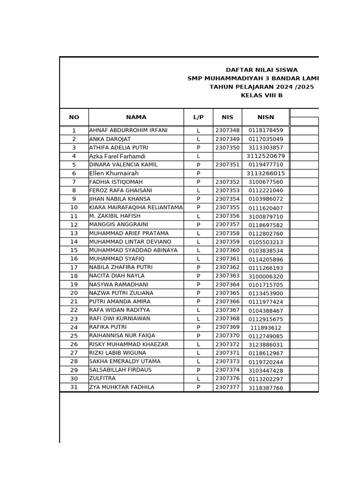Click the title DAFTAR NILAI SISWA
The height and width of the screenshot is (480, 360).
[262, 70]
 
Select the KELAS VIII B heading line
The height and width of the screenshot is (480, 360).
[262, 96]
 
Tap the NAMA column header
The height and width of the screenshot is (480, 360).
[136, 117]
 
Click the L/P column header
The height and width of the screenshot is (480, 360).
[198, 117]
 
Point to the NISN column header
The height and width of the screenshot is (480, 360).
[266, 117]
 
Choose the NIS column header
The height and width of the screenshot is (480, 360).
[227, 117]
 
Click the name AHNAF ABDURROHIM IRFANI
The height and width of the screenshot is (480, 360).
[128, 130]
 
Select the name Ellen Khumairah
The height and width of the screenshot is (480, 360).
[114, 173]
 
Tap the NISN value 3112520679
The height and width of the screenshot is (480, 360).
[266, 156]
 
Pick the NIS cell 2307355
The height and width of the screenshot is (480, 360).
[227, 208]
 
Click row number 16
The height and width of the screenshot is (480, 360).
[74, 259]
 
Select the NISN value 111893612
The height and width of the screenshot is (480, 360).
[266, 328]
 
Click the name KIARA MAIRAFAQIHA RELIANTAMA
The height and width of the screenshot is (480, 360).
[136, 208]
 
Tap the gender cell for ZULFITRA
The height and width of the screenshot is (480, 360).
[198, 379]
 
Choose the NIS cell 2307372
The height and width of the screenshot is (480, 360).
[227, 345]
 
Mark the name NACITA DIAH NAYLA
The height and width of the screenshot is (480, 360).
[117, 276]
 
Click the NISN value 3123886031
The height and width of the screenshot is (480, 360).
[266, 345]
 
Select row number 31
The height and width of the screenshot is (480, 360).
[74, 387]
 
